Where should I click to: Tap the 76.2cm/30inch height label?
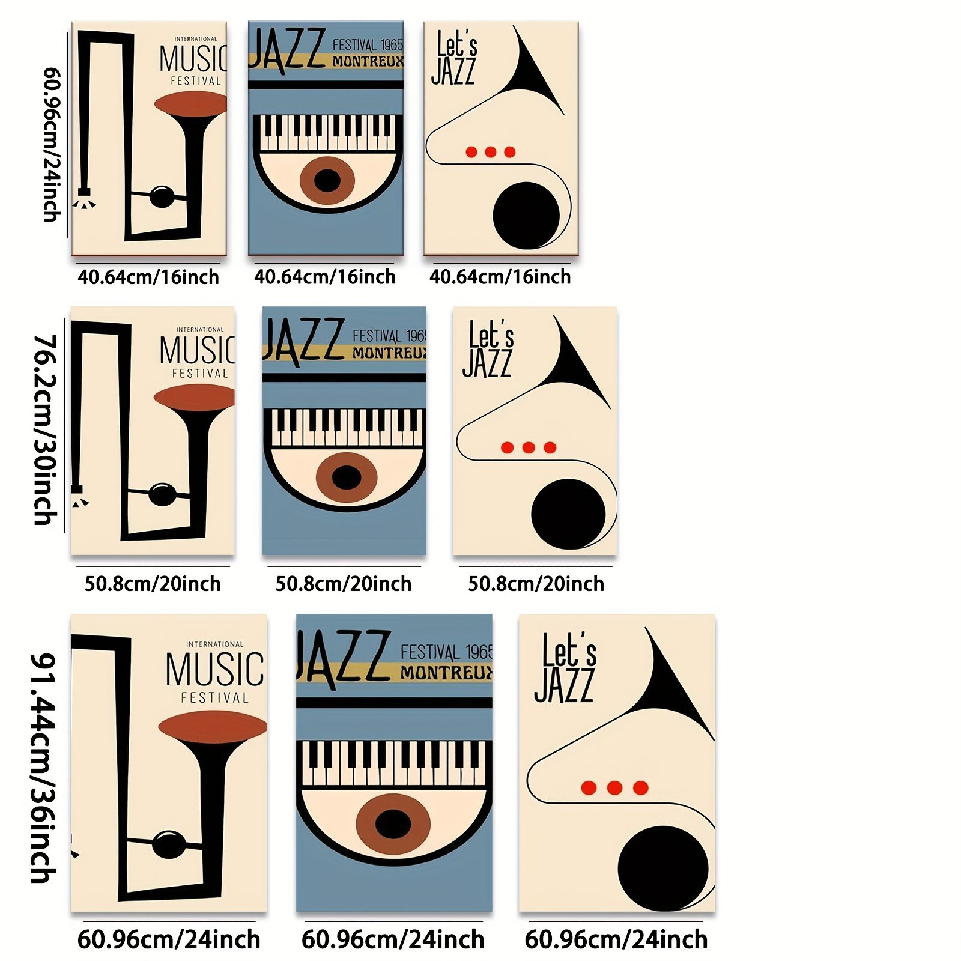click(45, 430)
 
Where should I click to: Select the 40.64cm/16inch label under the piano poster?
click(324, 277)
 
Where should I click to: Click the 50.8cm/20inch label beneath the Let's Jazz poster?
click(536, 584)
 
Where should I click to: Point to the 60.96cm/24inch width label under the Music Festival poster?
click(169, 939)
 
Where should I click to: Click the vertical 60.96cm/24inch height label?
click(52, 144)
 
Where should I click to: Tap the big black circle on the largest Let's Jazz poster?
click(662, 868)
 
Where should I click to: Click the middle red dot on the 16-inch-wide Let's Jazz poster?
click(491, 152)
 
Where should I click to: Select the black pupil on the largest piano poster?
click(393, 823)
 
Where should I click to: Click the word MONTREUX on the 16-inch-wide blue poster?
click(368, 61)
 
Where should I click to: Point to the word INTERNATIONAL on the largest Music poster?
click(214, 644)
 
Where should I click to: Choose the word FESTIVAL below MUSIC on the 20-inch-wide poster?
click(200, 374)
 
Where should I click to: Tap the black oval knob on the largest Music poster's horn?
click(169, 844)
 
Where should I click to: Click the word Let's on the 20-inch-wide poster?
click(492, 334)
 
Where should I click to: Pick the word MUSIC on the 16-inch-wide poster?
click(193, 59)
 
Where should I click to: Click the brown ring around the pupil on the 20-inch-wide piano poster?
click(327, 478)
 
